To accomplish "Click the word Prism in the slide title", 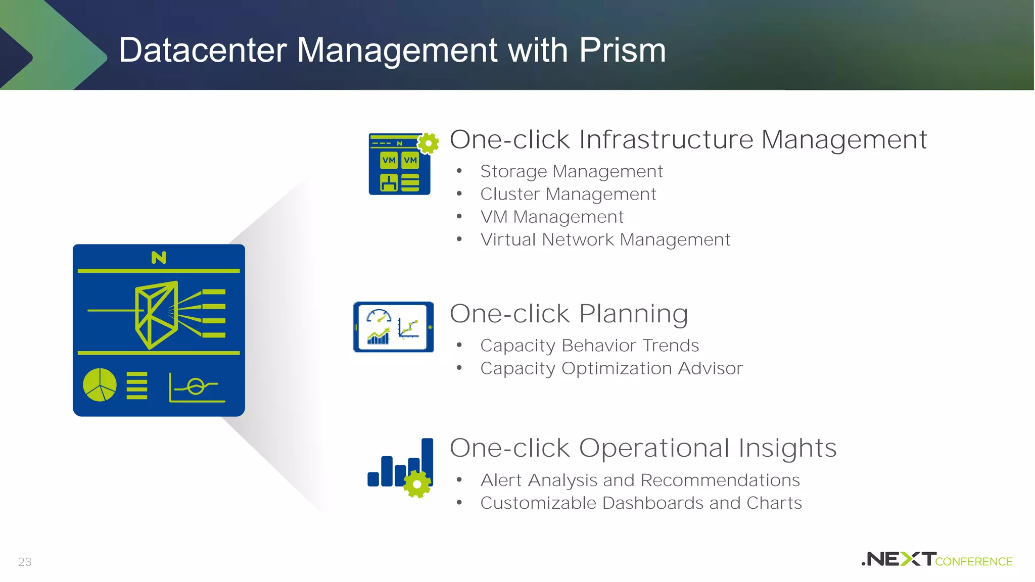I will (x=622, y=51).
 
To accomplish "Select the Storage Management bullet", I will (x=571, y=172).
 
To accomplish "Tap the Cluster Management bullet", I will (x=568, y=195).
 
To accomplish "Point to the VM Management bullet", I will (x=552, y=217).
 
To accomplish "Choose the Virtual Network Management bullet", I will (x=605, y=240).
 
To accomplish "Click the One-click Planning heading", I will (x=569, y=314).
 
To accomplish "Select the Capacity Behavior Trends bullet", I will (x=589, y=346).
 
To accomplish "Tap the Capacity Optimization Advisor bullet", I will (x=611, y=369).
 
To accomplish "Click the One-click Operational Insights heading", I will (x=643, y=448).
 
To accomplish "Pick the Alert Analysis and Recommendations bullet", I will (x=640, y=480).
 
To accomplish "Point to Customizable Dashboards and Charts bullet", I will (x=641, y=503).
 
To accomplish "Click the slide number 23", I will (x=25, y=562).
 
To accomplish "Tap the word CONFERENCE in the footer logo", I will (x=974, y=562).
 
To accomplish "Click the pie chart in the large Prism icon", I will (x=100, y=385).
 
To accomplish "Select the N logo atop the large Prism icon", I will (x=159, y=258).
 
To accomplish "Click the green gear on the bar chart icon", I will (x=417, y=484).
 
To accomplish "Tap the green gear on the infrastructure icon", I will (x=429, y=143).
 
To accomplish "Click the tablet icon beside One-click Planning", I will (x=393, y=327).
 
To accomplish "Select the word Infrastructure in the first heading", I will (x=666, y=139).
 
